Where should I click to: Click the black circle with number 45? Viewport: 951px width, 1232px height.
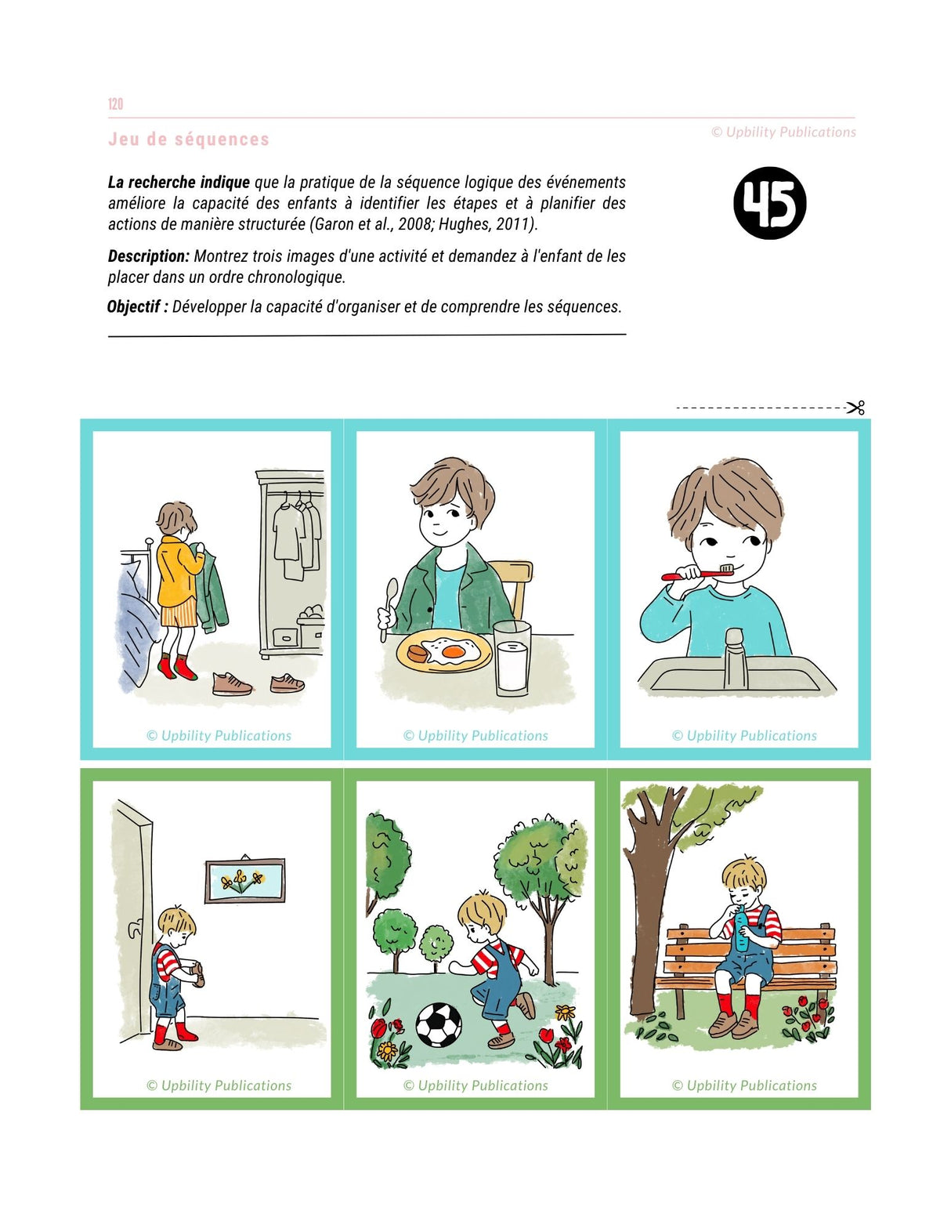769,203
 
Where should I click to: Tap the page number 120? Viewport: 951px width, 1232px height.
115,103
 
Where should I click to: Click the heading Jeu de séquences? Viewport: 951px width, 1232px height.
189,139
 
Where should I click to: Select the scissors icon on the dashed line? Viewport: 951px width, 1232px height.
855,408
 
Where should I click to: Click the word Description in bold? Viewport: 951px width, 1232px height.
149,256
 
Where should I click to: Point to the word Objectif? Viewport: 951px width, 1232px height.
134,306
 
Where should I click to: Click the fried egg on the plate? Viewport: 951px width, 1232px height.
450,650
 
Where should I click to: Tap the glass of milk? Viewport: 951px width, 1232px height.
512,658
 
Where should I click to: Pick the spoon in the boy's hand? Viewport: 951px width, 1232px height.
388,608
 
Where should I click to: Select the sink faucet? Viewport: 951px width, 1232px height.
733,658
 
